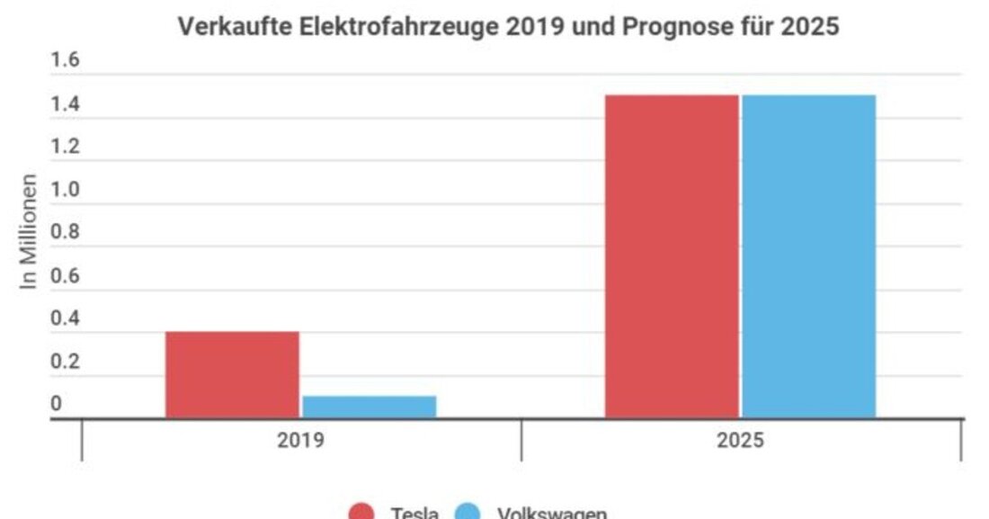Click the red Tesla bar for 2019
pos(232,374)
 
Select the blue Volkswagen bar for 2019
pos(369,407)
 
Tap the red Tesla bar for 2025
pos(671,256)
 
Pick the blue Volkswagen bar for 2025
pos(808,256)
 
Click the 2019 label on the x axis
pos(300,442)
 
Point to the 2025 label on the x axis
pos(740,442)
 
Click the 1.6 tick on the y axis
pos(65,61)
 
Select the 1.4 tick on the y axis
pos(65,104)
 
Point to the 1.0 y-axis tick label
pos(65,190)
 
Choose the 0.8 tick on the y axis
pos(65,232)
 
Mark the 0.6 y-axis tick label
pos(65,275)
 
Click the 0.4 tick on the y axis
pos(65,318)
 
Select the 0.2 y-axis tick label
pos(65,362)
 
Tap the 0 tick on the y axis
pos(56,404)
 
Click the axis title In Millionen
pos(30,231)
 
